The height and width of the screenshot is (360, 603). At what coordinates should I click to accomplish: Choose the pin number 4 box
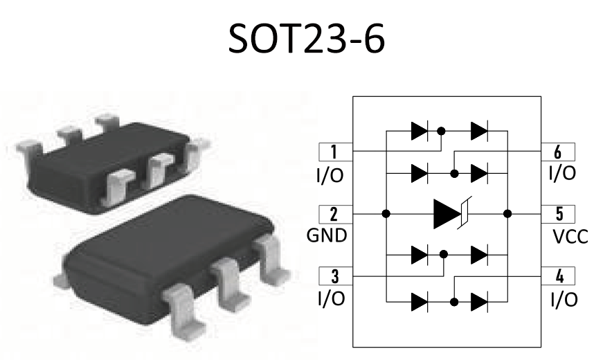click(x=559, y=276)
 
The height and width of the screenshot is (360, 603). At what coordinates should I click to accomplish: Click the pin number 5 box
click(x=559, y=213)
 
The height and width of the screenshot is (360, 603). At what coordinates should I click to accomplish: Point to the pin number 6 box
click(x=559, y=151)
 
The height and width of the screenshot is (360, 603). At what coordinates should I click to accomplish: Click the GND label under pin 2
click(x=327, y=235)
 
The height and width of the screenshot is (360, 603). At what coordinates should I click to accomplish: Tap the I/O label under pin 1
click(x=329, y=174)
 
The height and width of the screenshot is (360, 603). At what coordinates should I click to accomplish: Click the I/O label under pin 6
click(x=561, y=173)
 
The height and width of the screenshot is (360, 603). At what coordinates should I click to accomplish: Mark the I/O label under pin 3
click(x=329, y=299)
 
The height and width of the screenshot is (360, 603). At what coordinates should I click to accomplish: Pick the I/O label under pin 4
click(x=561, y=299)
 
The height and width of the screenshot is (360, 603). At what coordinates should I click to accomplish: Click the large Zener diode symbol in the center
click(x=449, y=213)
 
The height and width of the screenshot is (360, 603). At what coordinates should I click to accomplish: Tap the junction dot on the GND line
click(x=385, y=213)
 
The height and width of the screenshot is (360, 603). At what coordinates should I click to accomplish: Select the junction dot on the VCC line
click(x=507, y=213)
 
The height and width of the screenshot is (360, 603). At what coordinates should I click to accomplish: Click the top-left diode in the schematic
click(x=419, y=130)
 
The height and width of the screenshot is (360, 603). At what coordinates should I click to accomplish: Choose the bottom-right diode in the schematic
click(x=479, y=302)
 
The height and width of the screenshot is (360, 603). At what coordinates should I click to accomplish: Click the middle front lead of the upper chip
click(x=159, y=170)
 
